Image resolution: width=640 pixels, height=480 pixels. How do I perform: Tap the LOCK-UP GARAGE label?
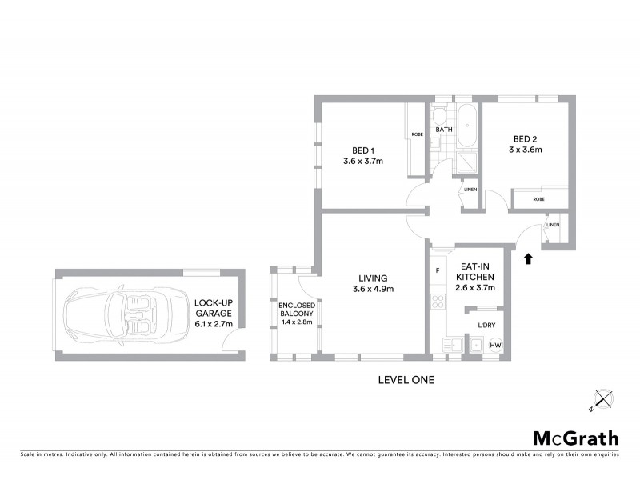click(x=214, y=309)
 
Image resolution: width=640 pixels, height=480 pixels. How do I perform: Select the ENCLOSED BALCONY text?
click(x=297, y=311)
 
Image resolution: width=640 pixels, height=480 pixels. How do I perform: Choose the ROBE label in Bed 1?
click(x=417, y=134)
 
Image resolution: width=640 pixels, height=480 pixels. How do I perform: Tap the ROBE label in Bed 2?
click(x=538, y=198)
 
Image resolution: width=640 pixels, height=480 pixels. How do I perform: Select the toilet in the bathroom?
click(x=438, y=110)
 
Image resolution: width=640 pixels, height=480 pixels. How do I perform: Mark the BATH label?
click(x=444, y=130)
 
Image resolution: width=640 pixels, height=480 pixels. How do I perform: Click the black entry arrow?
click(x=527, y=258)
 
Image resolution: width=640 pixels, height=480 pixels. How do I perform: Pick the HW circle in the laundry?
click(x=495, y=346)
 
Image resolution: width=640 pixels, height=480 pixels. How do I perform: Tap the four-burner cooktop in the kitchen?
click(x=438, y=302)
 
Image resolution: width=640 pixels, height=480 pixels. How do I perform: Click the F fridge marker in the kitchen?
click(x=438, y=270)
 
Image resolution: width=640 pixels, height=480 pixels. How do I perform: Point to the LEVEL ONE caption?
click(x=406, y=380)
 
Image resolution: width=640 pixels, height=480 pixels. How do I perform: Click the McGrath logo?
click(x=576, y=438)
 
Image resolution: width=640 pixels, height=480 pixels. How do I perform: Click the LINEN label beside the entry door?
click(x=552, y=226)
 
